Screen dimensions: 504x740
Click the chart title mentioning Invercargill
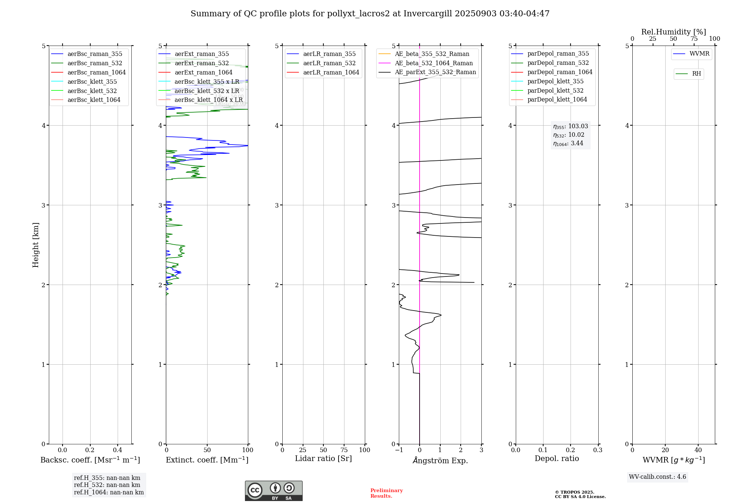coord(370,14)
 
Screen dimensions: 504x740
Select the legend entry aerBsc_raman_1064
coord(96,73)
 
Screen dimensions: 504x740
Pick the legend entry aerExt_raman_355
coord(202,54)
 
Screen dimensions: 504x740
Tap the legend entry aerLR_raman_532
coord(329,63)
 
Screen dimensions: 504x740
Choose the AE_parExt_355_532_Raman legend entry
coord(435,72)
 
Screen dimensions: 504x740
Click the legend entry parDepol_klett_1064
coord(557,100)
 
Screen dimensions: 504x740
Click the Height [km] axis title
coord(36,245)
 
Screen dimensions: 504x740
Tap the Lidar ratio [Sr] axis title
coord(323,459)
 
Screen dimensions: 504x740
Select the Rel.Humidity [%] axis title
coord(673,32)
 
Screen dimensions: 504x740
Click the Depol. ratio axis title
coord(556,459)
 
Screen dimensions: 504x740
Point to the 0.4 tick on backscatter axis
coord(118,450)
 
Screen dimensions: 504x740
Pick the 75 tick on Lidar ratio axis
coord(344,450)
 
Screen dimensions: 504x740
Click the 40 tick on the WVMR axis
coord(698,450)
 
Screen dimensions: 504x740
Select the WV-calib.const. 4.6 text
coord(657,477)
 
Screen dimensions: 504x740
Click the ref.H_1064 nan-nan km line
coord(109,493)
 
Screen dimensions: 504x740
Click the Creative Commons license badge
coord(273,491)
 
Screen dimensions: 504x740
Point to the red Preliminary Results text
coord(386,493)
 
